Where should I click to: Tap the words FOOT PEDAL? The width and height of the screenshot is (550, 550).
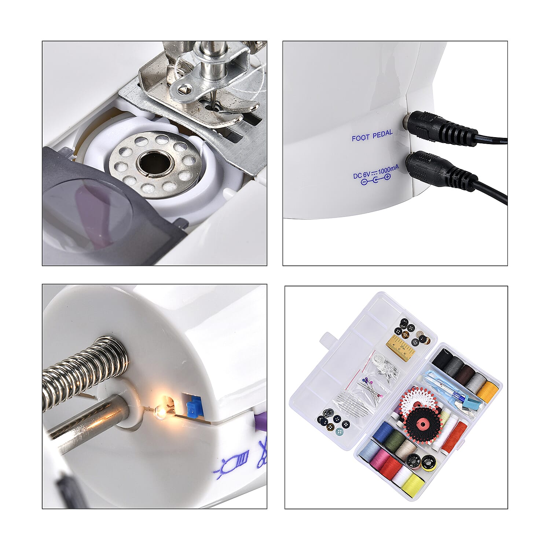pos(372,135)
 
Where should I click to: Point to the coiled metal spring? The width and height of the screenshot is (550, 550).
pos(84,370)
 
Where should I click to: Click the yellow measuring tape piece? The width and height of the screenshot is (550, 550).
pos(400,348)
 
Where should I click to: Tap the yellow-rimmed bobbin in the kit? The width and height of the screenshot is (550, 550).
pos(429,463)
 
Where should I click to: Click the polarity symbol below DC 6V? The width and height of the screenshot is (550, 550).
pos(375,180)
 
